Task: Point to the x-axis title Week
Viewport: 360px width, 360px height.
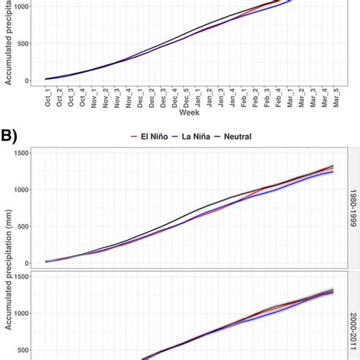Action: pos(189,113)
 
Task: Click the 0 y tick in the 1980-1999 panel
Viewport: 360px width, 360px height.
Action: pos(27,263)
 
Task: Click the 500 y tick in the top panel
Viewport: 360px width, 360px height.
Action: pos(23,43)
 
